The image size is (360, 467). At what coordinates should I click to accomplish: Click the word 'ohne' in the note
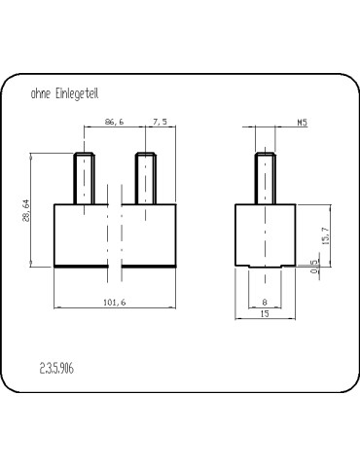[x=41, y=93]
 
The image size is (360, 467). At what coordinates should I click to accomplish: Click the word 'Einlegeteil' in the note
[x=77, y=93]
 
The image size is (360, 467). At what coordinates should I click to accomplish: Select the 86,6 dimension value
[x=115, y=122]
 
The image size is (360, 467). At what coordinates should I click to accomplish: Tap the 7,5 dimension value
[x=161, y=122]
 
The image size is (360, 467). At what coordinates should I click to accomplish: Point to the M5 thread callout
[x=303, y=123]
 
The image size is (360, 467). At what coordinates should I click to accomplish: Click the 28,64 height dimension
[x=26, y=211]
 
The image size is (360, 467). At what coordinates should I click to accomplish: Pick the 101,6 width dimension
[x=115, y=303]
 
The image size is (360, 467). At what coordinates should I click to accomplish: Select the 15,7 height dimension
[x=326, y=235]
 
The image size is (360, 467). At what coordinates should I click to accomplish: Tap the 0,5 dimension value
[x=314, y=267]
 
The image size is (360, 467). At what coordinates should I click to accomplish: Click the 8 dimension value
[x=265, y=303]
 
